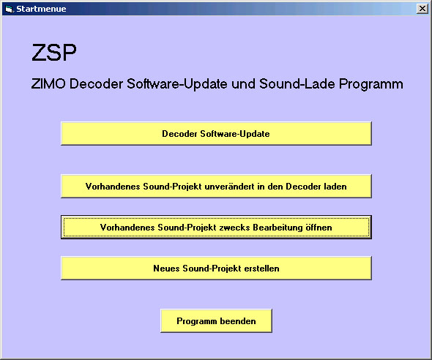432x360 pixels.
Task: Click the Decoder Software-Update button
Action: pyautogui.click(x=216, y=133)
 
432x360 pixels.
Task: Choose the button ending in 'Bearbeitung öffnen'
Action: pyautogui.click(x=216, y=228)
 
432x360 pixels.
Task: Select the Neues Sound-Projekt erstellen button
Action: pyautogui.click(x=216, y=269)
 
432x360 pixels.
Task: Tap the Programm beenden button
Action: pyautogui.click(x=216, y=321)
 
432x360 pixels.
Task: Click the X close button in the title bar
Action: pyautogui.click(x=422, y=9)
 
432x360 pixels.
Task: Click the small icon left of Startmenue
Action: pyautogui.click(x=10, y=9)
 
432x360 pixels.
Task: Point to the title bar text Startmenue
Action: pyautogui.click(x=41, y=9)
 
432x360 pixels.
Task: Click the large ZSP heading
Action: pyautogui.click(x=54, y=52)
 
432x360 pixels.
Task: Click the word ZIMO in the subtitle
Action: pyautogui.click(x=48, y=83)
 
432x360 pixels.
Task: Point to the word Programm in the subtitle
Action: pyautogui.click(x=370, y=84)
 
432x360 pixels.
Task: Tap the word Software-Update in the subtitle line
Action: pyautogui.click(x=177, y=83)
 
